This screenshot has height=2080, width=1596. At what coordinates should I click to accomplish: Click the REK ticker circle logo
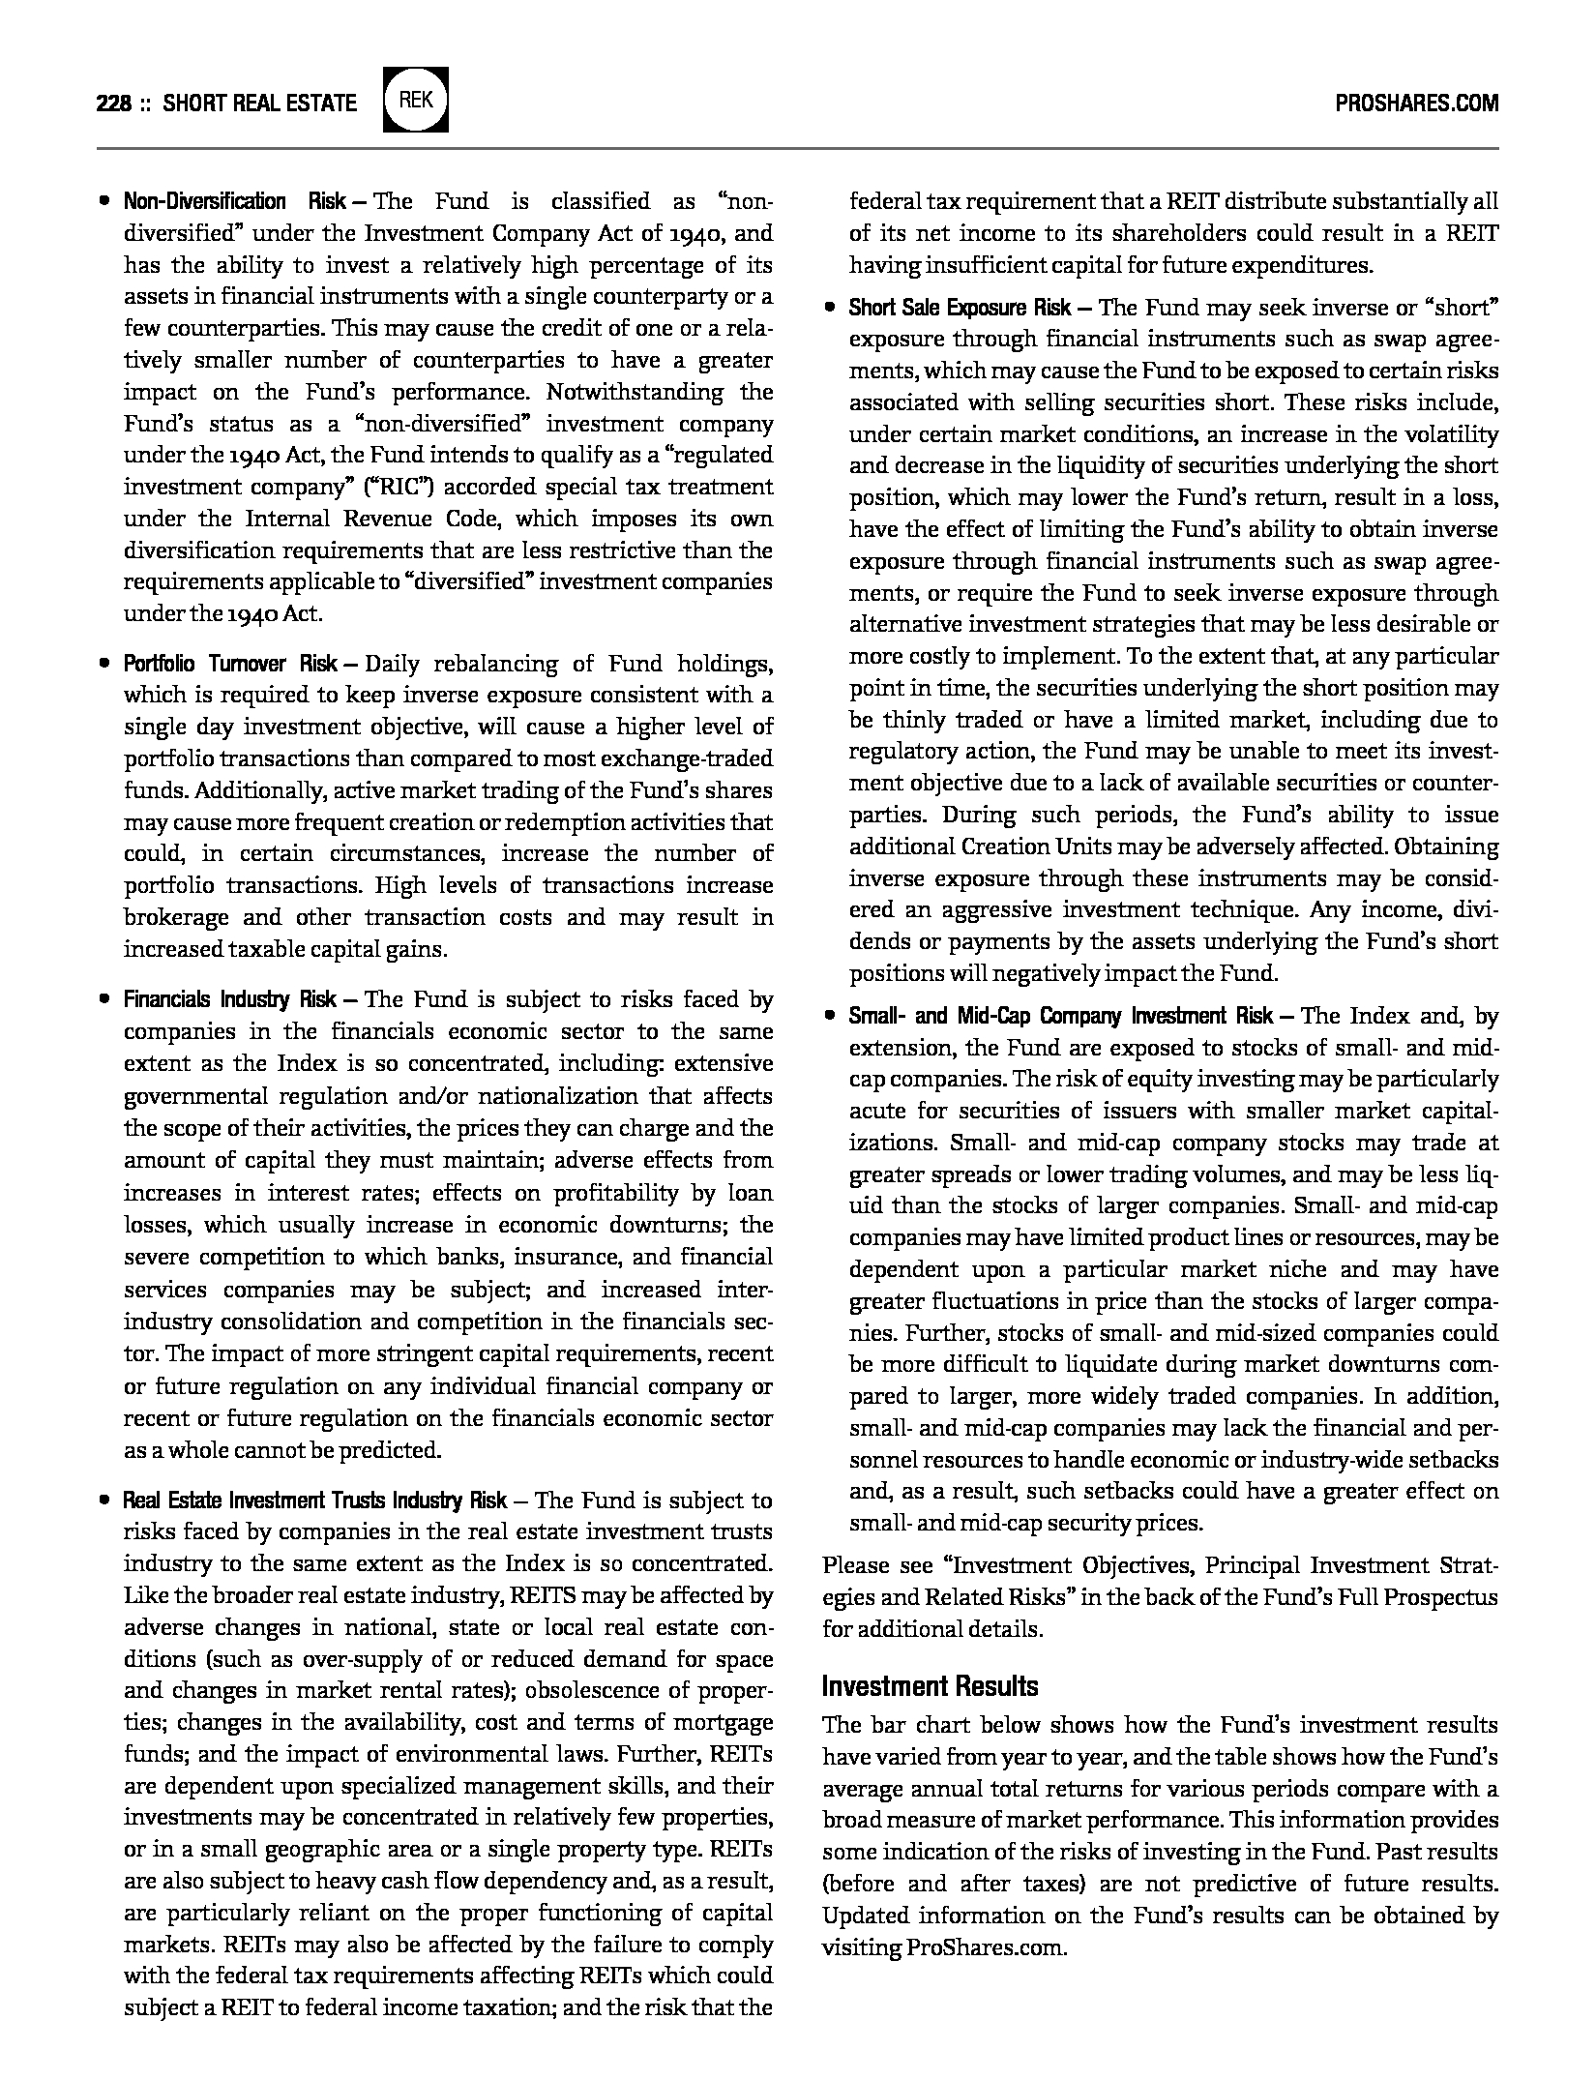[416, 101]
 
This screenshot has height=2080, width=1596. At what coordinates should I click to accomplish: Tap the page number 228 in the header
[113, 103]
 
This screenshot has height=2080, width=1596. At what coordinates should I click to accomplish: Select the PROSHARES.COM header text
[1416, 103]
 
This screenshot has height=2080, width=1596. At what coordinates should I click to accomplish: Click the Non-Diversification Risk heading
[234, 201]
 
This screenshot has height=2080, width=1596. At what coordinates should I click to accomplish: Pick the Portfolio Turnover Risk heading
[230, 664]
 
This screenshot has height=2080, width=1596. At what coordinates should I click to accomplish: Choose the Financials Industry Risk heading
[230, 999]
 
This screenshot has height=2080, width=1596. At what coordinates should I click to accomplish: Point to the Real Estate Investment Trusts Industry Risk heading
[314, 1501]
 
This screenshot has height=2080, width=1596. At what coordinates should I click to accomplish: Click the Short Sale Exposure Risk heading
[960, 308]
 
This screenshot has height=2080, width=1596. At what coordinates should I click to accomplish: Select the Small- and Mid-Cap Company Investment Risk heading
[1061, 1016]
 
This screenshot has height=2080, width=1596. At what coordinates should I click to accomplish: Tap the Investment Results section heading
[930, 1686]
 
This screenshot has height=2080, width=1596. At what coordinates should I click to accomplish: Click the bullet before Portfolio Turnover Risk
[103, 665]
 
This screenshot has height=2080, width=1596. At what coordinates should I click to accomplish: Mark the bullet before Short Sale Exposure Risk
[829, 309]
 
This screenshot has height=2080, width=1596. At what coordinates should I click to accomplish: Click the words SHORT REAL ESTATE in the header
[259, 103]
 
